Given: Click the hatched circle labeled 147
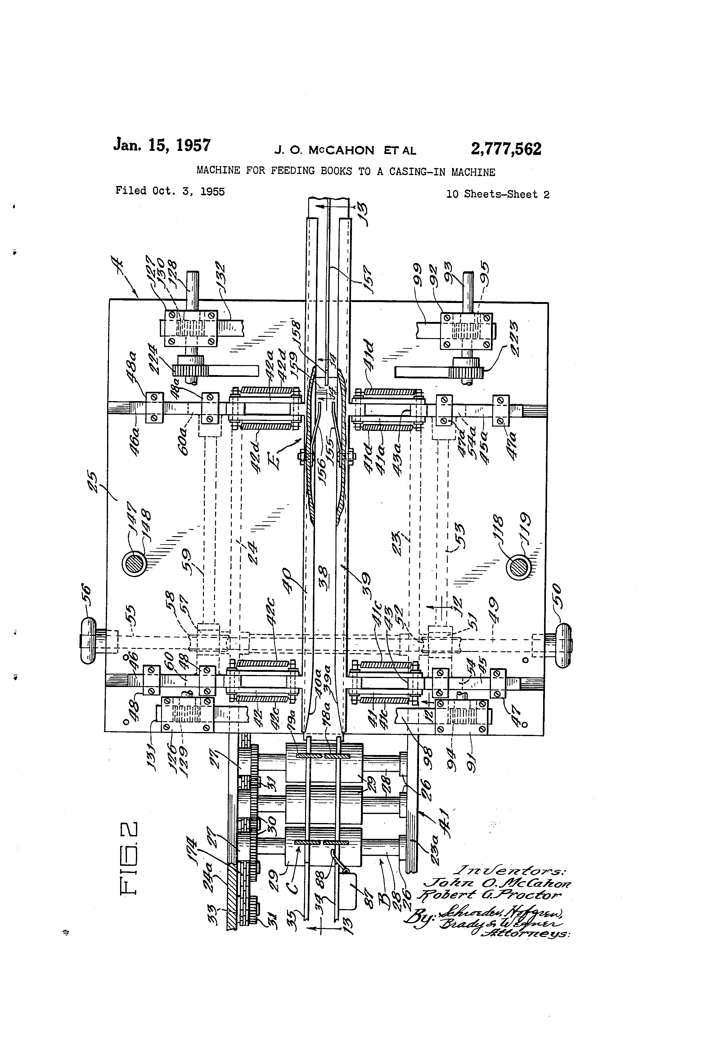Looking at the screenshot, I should click(134, 563).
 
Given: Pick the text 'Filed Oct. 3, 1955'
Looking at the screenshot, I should click(170, 191).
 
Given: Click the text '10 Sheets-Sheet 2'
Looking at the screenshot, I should click(497, 194).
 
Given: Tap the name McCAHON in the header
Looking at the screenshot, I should click(341, 150).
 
